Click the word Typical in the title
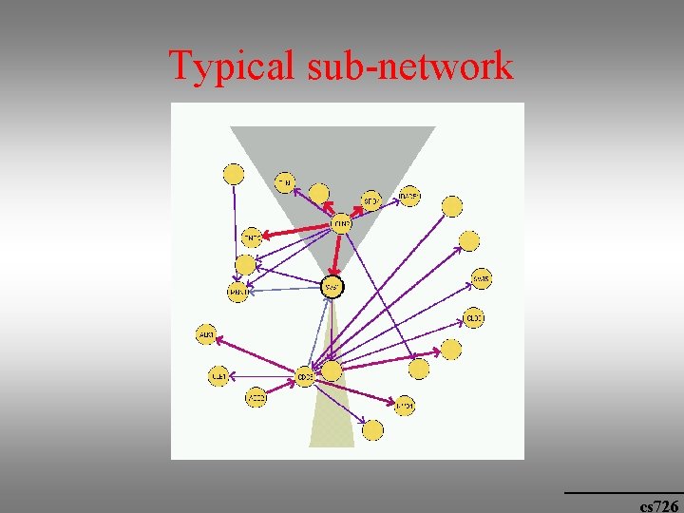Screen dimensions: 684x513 coord(232,66)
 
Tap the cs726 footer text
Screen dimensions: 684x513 coord(658,505)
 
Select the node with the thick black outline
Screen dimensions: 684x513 coord(331,286)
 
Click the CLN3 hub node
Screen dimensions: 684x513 coord(341,224)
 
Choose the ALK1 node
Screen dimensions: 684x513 coord(205,334)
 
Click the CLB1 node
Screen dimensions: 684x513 coord(218,376)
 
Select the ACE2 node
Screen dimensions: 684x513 coord(256,397)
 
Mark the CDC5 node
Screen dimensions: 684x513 coord(305,376)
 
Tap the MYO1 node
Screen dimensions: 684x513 coord(404,406)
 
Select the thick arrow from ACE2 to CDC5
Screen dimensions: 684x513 coord(280,387)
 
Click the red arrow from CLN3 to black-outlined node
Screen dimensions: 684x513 coord(336,255)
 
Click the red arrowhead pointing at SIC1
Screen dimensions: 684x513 coord(360,203)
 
